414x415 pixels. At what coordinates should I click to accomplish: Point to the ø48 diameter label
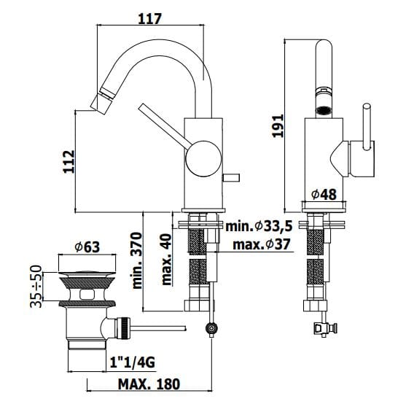tap(323, 194)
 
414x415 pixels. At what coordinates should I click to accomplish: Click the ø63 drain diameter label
tap(87, 247)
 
